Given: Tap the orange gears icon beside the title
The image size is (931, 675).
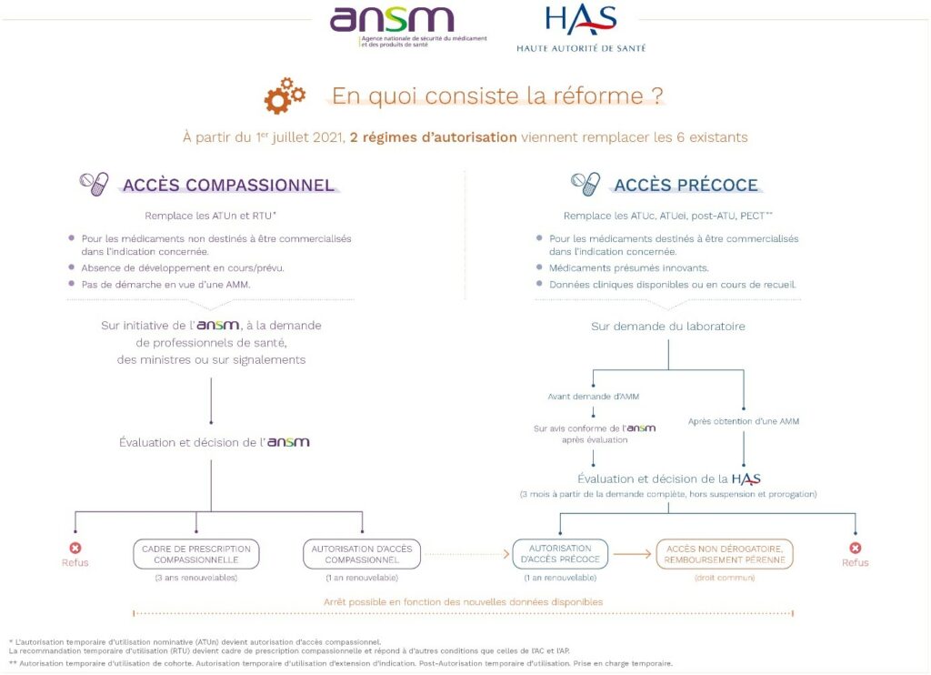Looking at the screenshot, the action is pos(285,96).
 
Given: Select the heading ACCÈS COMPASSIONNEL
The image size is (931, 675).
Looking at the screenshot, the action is pos(228,186).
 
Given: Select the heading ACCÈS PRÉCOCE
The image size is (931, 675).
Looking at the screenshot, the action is pos(686,186).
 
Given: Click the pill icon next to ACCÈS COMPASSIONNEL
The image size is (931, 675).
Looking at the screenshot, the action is pos(95,184).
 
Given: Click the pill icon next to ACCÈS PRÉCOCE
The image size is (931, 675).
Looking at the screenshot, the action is pos(586,184).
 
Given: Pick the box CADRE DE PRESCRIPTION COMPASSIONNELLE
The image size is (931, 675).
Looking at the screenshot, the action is pos(196,554).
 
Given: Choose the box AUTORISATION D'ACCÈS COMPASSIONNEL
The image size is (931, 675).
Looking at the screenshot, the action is pos(362,554).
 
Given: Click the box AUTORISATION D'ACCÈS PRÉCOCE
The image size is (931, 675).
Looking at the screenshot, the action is pos(560,553).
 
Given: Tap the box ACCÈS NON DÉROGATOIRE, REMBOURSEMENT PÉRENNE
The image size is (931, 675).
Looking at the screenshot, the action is pos(725,554).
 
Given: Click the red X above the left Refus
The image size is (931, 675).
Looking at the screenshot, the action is pos(75,548).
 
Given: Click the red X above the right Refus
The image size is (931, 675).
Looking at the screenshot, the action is pos(855,548).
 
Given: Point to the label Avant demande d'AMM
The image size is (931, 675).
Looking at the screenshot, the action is pos(593,397).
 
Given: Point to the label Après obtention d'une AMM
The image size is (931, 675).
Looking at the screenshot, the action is pos(744,421).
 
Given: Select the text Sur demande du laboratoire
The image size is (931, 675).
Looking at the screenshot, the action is pos(668,327).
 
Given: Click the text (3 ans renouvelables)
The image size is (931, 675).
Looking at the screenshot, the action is pos(196,578).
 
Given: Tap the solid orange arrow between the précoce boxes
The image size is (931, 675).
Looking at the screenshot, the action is pos(633,554).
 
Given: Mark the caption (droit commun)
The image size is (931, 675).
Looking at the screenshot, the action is pos(725,578).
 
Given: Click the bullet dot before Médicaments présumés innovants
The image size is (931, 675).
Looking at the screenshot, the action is pos(539,267).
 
